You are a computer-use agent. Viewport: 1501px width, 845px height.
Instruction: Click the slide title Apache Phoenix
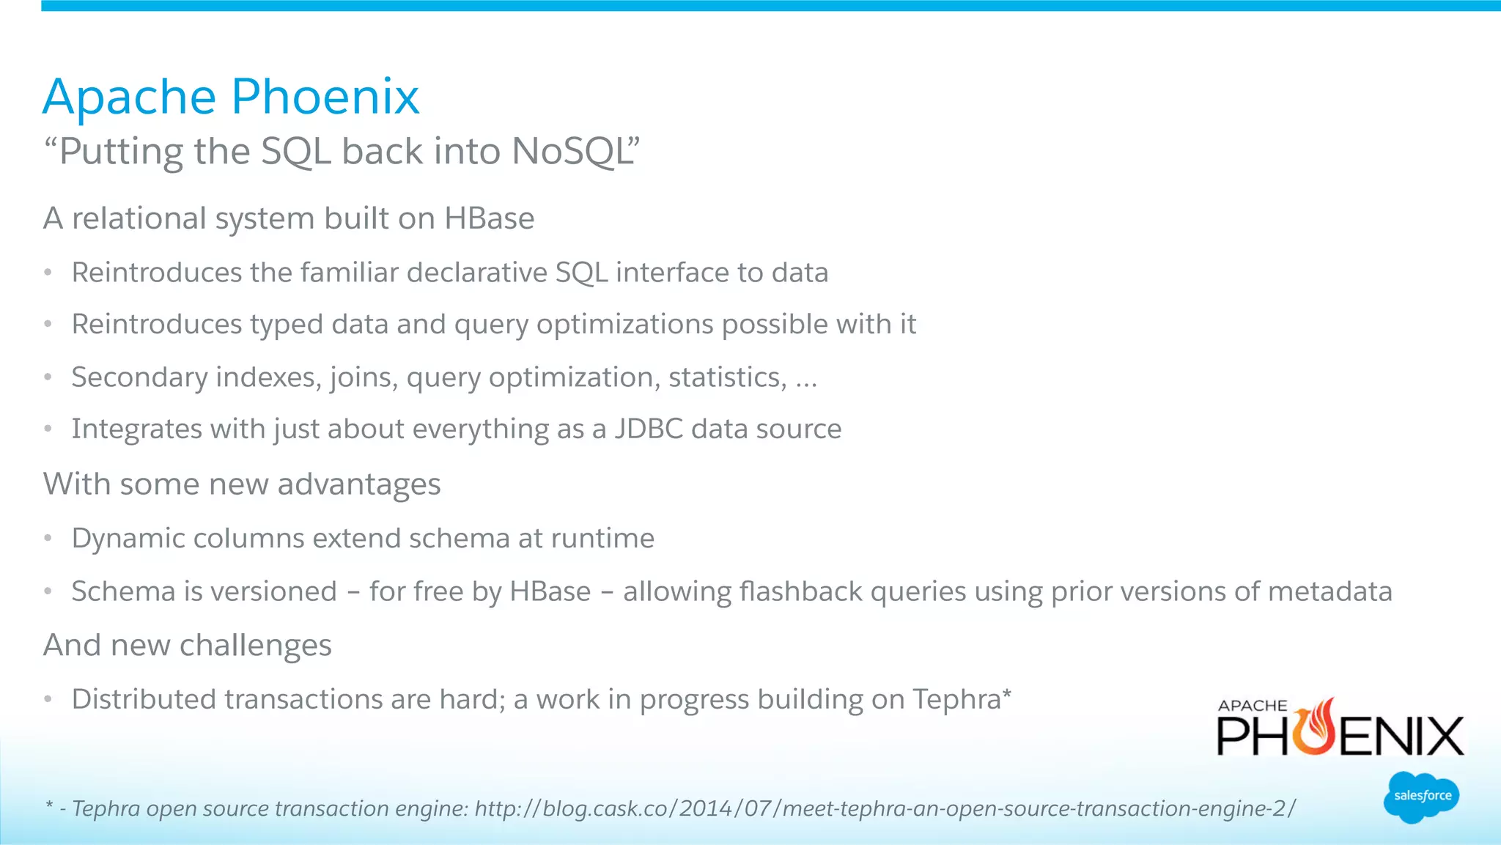click(x=231, y=97)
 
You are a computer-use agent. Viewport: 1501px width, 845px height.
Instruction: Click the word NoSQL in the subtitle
click(x=572, y=152)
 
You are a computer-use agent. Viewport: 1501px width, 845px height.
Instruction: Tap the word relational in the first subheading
click(x=139, y=218)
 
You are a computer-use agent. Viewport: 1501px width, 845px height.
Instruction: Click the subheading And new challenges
click(x=188, y=646)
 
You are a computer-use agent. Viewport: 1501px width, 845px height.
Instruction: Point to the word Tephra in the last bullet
click(x=956, y=699)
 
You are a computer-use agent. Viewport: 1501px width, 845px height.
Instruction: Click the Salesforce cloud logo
click(x=1421, y=797)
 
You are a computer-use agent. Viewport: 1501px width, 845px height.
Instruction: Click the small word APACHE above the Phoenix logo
click(x=1252, y=706)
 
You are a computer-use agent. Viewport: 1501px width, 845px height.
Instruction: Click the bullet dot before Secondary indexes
click(x=48, y=377)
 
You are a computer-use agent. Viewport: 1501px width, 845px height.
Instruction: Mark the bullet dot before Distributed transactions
click(x=48, y=699)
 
